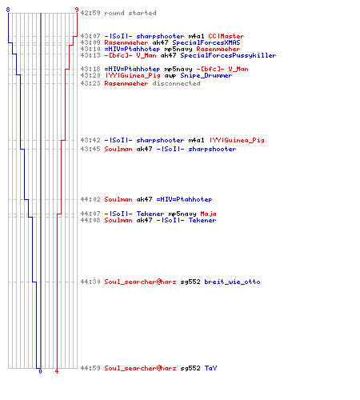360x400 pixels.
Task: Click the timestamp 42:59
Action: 90,13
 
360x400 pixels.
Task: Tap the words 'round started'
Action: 130,13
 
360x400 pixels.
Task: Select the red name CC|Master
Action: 226,36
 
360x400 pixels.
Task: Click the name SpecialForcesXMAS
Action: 206,42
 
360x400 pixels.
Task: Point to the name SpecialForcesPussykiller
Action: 228,55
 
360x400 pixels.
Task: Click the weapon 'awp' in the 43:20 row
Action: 170,76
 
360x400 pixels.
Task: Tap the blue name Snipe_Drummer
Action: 206,75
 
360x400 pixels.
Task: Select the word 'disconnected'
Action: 176,83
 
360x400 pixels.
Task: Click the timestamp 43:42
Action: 90,140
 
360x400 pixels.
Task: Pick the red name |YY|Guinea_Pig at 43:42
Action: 237,140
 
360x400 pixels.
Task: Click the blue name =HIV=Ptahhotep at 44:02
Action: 184,199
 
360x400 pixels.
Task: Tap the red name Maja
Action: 208,214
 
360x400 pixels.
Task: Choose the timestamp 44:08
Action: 90,220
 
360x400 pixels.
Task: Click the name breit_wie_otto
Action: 232,282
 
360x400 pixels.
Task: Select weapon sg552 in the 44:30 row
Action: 190,282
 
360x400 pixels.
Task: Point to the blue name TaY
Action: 210,368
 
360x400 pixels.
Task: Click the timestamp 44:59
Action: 90,368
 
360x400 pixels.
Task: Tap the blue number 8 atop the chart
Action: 8,10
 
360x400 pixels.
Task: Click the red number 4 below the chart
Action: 57,371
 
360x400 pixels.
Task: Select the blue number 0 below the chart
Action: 40,371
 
